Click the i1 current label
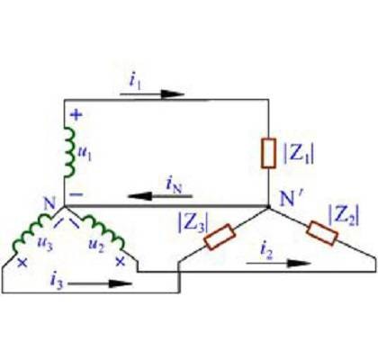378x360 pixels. click(135, 81)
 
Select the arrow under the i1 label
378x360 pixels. click(152, 94)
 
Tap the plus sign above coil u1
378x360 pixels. click(76, 114)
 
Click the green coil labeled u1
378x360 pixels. click(69, 152)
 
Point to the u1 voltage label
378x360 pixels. click(85, 154)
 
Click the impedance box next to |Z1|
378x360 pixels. click(268, 153)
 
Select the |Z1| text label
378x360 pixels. click(299, 155)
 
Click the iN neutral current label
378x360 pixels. click(175, 185)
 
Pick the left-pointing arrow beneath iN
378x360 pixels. click(160, 196)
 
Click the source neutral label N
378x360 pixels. click(49, 204)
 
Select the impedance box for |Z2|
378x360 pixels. click(322, 233)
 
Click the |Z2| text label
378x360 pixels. click(344, 215)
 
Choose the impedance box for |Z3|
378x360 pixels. click(220, 237)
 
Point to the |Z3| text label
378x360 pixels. click(193, 223)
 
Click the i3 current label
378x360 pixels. click(57, 282)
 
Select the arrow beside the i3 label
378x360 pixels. click(100, 283)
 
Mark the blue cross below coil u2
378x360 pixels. click(121, 262)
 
